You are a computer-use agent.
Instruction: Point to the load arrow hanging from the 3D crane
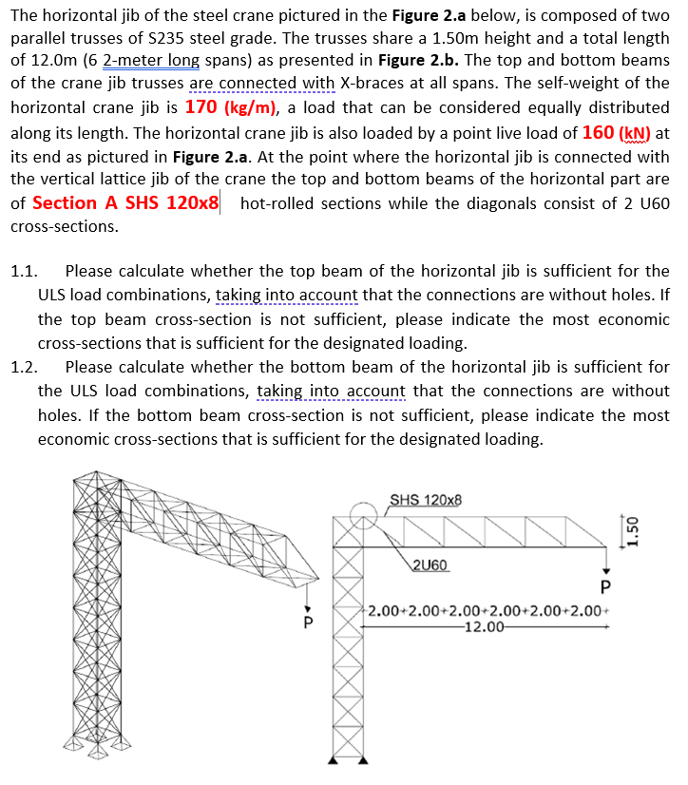306,601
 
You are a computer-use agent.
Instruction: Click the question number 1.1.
23,272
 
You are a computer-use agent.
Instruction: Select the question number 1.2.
23,367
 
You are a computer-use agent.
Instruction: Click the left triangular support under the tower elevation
334,760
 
